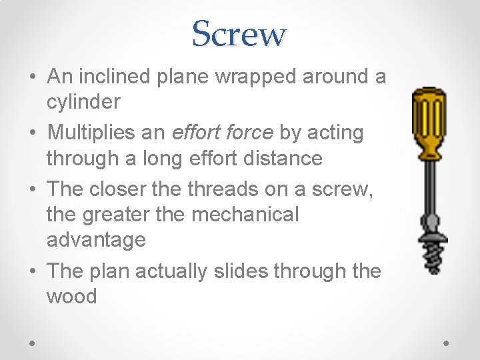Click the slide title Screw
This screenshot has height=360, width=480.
click(239, 33)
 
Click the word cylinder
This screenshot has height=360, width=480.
click(83, 102)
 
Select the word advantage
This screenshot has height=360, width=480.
click(96, 240)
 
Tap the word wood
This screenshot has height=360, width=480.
click(71, 296)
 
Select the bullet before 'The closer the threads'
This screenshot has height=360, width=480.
click(33, 189)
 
